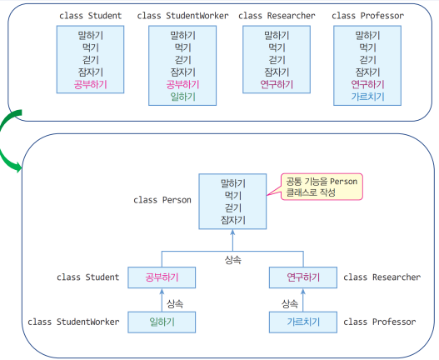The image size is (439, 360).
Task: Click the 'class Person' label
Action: (x=162, y=200)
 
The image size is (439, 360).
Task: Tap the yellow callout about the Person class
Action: (x=322, y=187)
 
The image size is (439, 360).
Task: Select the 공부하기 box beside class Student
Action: (x=162, y=277)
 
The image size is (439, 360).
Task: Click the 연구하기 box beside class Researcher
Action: (x=303, y=277)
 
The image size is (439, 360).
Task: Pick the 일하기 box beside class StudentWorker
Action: (x=162, y=322)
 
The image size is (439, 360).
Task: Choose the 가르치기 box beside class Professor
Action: (x=303, y=322)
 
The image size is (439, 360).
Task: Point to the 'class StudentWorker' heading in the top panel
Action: (x=182, y=16)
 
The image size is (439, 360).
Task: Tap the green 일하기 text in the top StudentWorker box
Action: (x=182, y=97)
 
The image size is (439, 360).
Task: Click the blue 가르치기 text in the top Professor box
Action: (x=367, y=97)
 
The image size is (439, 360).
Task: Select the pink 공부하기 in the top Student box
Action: (x=91, y=85)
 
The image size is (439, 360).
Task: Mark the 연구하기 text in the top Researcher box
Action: (x=277, y=85)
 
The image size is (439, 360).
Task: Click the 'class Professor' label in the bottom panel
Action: (x=380, y=322)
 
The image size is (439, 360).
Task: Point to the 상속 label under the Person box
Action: (x=232, y=260)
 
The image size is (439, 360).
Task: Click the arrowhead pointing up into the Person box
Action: (x=232, y=232)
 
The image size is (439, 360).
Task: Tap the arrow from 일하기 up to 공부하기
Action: (x=162, y=300)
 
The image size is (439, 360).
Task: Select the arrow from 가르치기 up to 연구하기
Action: (x=303, y=300)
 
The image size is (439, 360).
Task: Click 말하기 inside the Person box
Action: (x=232, y=183)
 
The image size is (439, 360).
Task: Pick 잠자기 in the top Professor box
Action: (x=367, y=72)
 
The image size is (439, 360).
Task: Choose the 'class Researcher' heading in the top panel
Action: (x=277, y=16)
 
